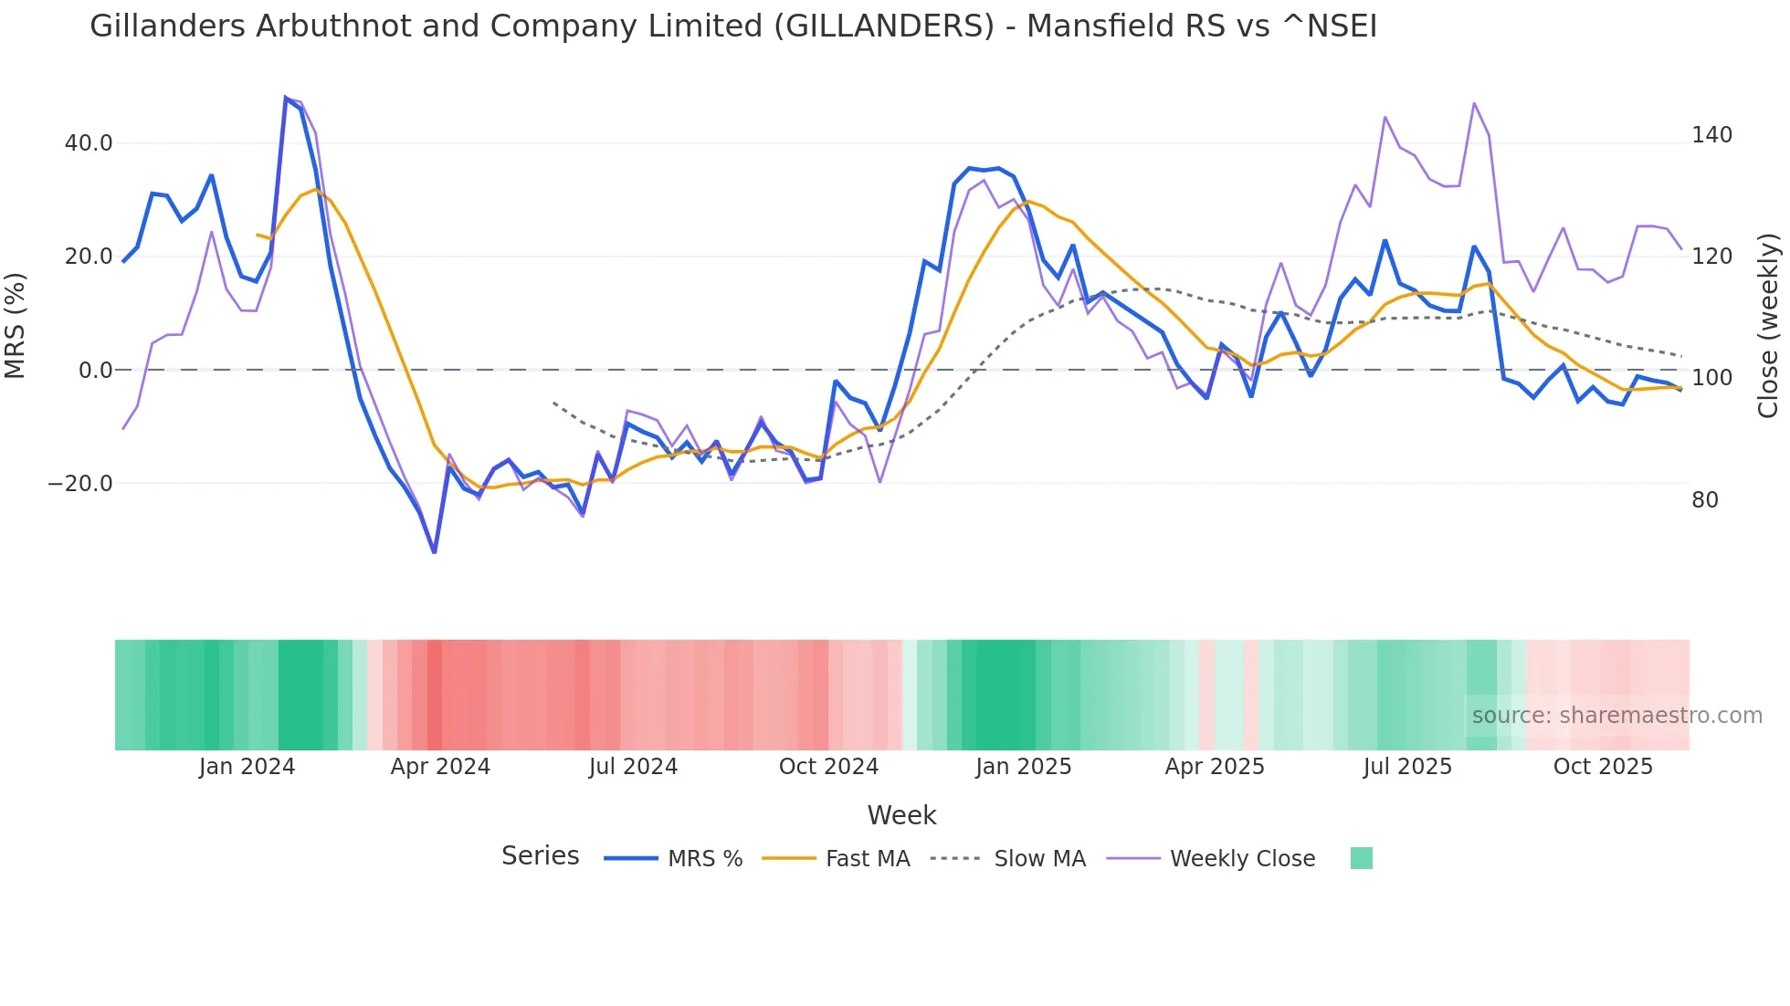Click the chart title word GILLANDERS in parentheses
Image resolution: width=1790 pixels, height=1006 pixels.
tap(883, 26)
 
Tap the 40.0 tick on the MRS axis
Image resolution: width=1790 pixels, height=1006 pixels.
tap(89, 143)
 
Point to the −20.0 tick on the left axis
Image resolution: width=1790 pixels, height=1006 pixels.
tap(80, 484)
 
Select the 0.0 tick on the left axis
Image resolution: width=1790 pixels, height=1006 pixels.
tap(96, 371)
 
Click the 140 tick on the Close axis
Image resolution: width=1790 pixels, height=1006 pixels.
tap(1711, 135)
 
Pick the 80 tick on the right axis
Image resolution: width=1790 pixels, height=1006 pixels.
tap(1705, 500)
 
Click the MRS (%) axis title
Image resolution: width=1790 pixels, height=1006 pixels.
tap(16, 325)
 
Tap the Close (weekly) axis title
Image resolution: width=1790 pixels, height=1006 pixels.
tap(1769, 325)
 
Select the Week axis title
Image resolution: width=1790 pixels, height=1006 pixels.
tap(901, 815)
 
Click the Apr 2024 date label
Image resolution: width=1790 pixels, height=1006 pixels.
tap(440, 767)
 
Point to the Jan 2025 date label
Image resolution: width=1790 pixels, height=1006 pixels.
tap(1023, 767)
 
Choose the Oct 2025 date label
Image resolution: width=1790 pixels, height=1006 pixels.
tap(1603, 767)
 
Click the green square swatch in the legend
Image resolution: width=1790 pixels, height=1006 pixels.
tap(1361, 858)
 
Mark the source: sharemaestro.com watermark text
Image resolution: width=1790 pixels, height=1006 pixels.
tap(1616, 716)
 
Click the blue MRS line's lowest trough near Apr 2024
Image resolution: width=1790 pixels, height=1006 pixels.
tap(435, 551)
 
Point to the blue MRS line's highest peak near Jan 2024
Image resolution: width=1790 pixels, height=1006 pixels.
tap(286, 99)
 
